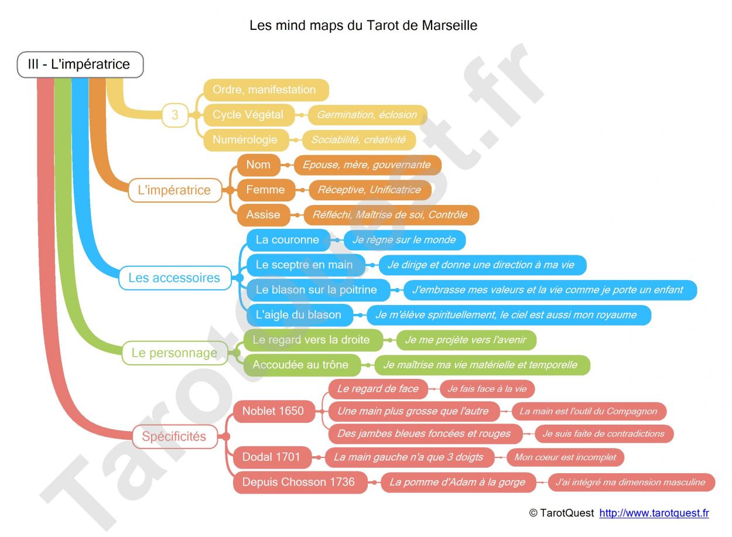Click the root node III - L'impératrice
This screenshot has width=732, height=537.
pyautogui.click(x=80, y=64)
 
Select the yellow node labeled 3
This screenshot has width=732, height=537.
pyautogui.click(x=175, y=115)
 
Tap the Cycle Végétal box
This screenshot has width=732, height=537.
pyautogui.click(x=249, y=115)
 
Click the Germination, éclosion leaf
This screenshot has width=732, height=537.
pyautogui.click(x=367, y=115)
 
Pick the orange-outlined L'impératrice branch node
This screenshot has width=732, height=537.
pyautogui.click(x=175, y=190)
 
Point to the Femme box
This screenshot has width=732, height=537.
pyautogui.click(x=266, y=190)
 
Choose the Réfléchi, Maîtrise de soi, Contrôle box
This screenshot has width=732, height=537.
pyautogui.click(x=391, y=215)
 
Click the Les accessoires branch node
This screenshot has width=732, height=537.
pyautogui.click(x=175, y=278)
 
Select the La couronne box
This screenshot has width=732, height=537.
pyautogui.click(x=288, y=240)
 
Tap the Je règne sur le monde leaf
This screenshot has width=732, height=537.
pyautogui.click(x=404, y=240)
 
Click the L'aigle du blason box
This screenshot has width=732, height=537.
pyautogui.click(x=299, y=315)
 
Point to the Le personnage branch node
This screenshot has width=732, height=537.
pyautogui.click(x=175, y=353)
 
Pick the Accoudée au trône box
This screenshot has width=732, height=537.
pyautogui.click(x=302, y=365)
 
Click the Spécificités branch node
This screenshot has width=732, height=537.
pyautogui.click(x=175, y=437)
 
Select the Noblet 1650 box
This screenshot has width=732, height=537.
pyautogui.click(x=274, y=411)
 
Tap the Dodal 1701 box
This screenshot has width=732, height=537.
pyautogui.click(x=272, y=457)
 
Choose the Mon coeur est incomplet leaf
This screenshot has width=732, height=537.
pyautogui.click(x=565, y=457)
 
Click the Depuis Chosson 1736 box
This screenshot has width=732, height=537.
pyautogui.click(x=300, y=483)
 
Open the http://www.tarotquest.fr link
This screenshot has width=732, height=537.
pyautogui.click(x=654, y=513)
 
